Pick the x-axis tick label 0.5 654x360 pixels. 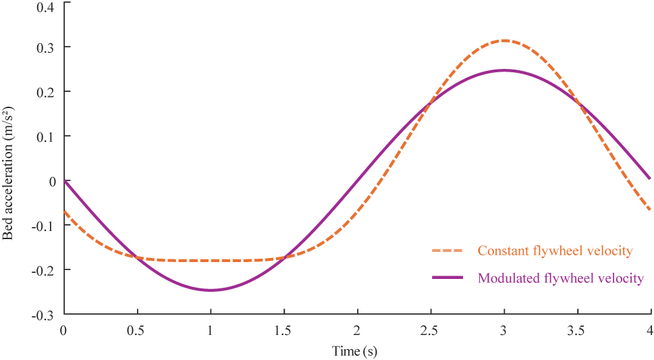(x=137, y=330)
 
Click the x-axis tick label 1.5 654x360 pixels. (x=284, y=330)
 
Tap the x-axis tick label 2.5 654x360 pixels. (x=431, y=330)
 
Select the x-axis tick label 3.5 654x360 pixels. (x=577, y=330)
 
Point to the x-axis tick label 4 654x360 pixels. (x=651, y=330)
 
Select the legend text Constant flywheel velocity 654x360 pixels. (x=555, y=251)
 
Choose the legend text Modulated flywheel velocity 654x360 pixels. (x=560, y=278)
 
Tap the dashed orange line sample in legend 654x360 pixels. (x=447, y=251)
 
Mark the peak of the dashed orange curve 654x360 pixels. (x=504, y=41)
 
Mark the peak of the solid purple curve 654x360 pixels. (x=504, y=70)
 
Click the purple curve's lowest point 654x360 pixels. (x=211, y=290)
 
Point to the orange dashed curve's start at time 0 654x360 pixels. (x=65, y=211)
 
